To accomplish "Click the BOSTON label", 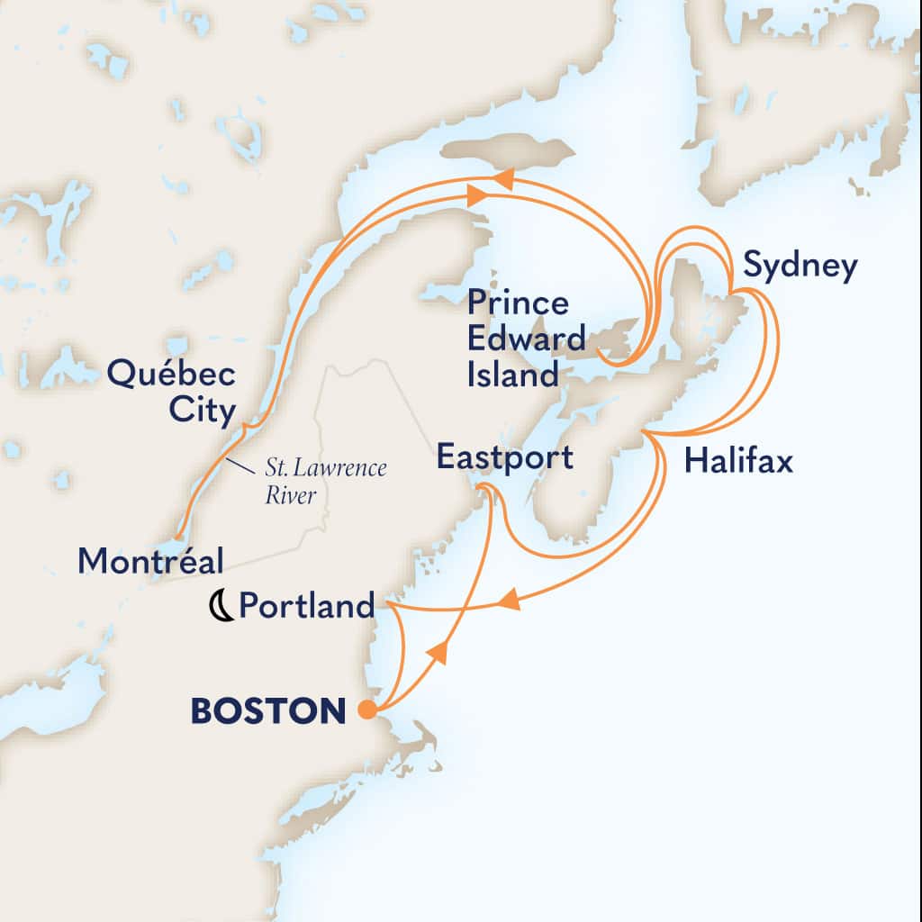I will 267,711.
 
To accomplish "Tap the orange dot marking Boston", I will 367,710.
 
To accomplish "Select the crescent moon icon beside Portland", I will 219,607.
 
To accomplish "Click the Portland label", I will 306,607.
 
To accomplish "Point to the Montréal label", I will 150,561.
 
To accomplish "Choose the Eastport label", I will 504,457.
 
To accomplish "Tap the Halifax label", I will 738,462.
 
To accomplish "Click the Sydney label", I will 799,267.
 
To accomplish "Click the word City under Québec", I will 203,411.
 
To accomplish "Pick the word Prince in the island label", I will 518,303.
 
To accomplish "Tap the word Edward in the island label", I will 526,339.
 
